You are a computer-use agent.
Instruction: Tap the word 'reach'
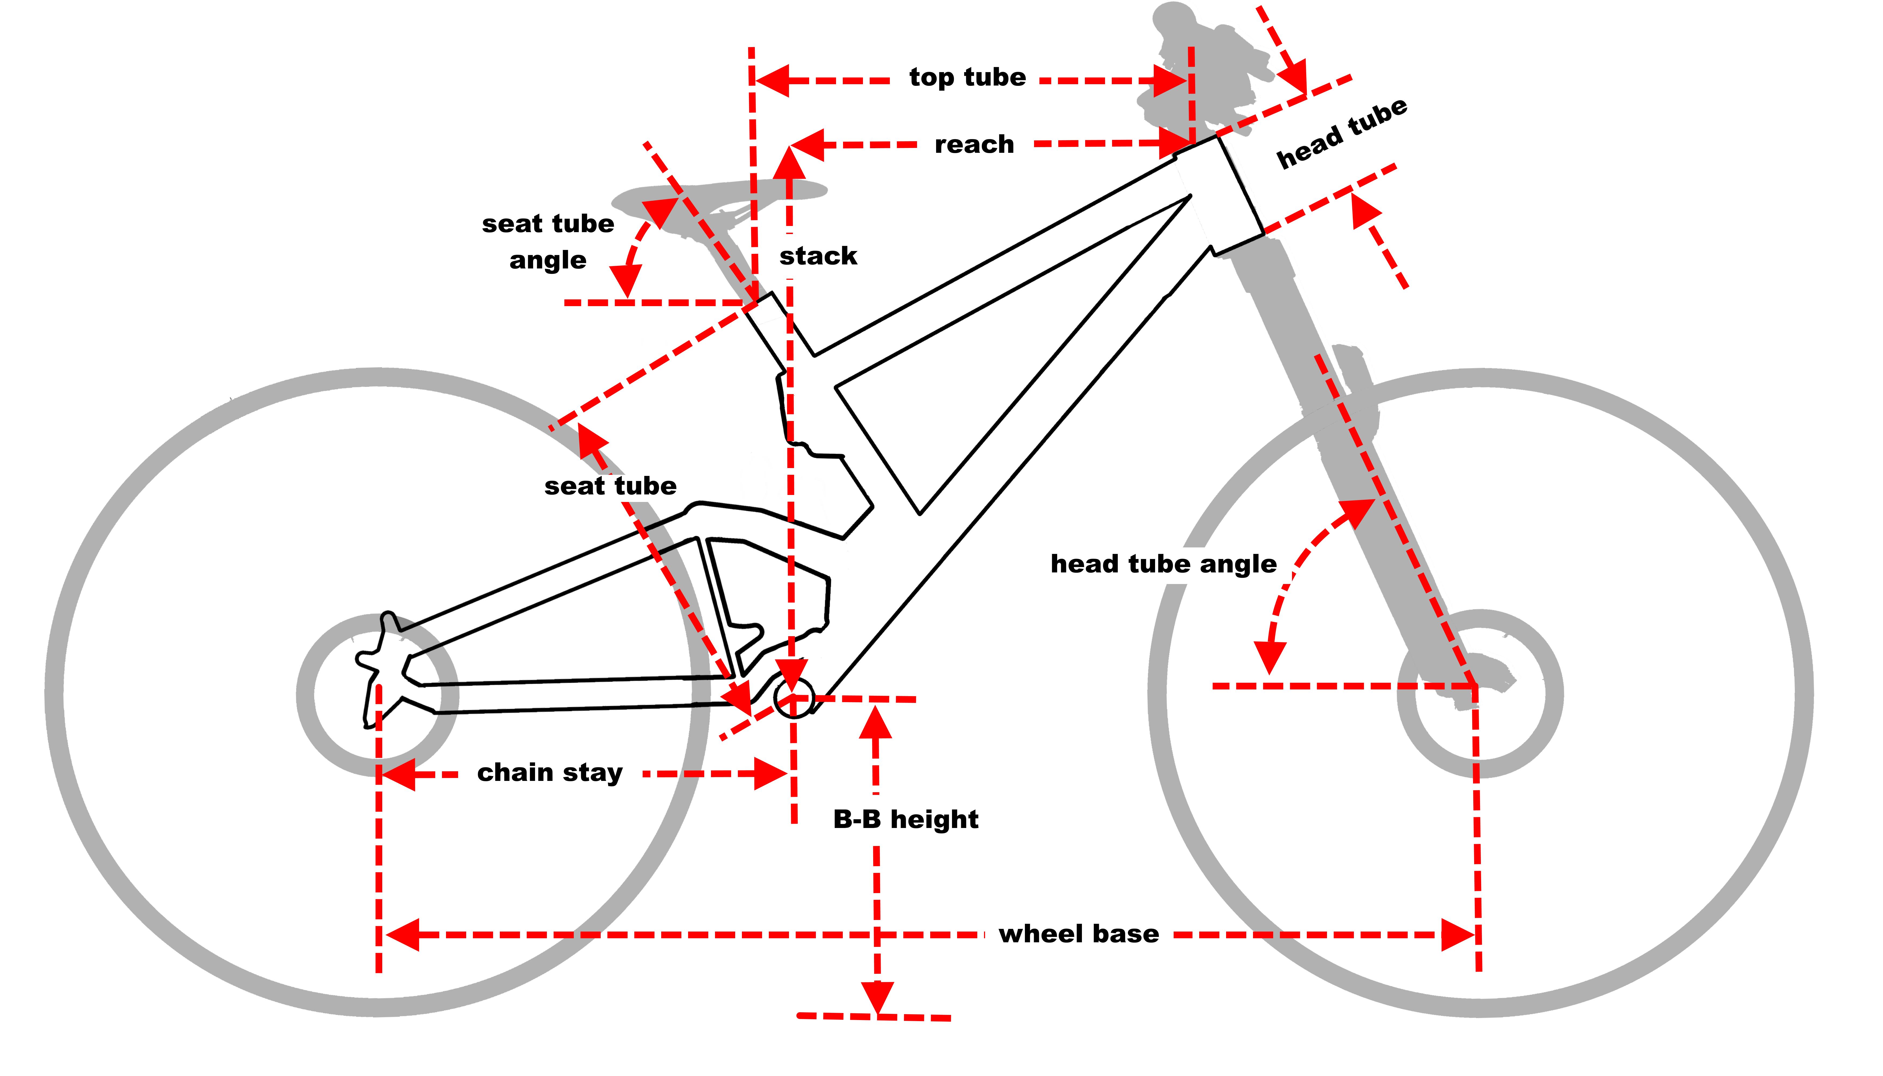(x=974, y=145)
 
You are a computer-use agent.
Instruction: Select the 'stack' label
(x=818, y=256)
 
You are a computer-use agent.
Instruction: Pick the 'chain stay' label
(x=550, y=773)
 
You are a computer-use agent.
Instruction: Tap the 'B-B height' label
(x=905, y=820)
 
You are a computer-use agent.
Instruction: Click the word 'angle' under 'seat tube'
(x=548, y=261)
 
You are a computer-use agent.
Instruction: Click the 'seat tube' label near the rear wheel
(x=610, y=486)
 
